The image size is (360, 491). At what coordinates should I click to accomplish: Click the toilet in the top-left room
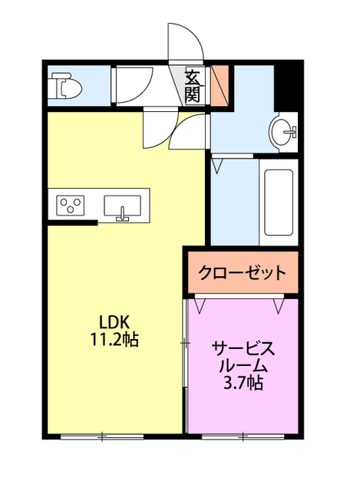pyautogui.click(x=64, y=87)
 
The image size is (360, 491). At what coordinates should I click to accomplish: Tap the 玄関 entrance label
pyautogui.click(x=191, y=86)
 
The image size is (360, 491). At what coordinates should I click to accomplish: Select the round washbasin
pyautogui.click(x=284, y=131)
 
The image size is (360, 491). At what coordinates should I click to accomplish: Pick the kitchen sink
pyautogui.click(x=122, y=206)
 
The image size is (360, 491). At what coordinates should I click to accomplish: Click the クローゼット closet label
pyautogui.click(x=242, y=272)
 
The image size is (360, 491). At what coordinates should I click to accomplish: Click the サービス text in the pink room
pyautogui.click(x=242, y=348)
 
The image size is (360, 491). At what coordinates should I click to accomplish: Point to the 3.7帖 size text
pyautogui.click(x=242, y=382)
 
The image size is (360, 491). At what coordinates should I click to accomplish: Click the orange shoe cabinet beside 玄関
pyautogui.click(x=220, y=85)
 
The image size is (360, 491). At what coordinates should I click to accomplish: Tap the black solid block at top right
pyautogui.click(x=286, y=84)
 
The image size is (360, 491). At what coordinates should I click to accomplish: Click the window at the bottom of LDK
pyautogui.click(x=101, y=437)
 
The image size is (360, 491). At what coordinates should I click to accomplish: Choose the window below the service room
pyautogui.click(x=243, y=437)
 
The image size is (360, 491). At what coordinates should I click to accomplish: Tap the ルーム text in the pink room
pyautogui.click(x=242, y=365)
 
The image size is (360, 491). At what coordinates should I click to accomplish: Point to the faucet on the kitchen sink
pyautogui.click(x=121, y=215)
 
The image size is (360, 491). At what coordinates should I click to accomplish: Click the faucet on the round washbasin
pyautogui.click(x=292, y=133)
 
